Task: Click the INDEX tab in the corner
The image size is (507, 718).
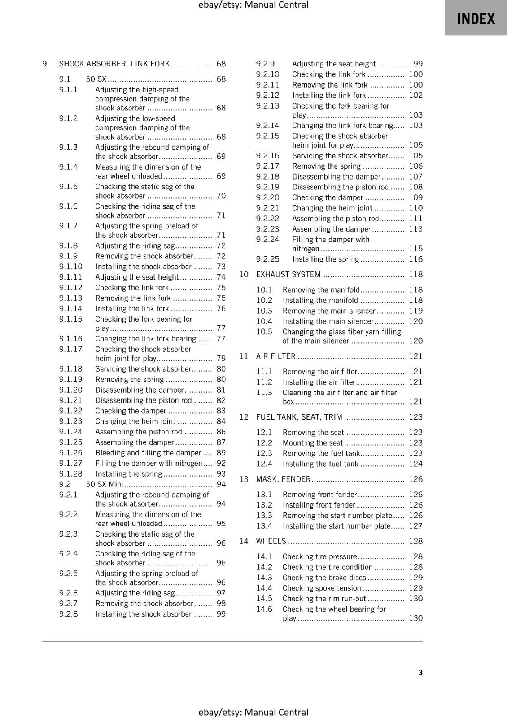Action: coord(476,18)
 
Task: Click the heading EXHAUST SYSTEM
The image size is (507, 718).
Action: coord(288,275)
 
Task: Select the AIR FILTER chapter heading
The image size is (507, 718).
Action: coord(275,356)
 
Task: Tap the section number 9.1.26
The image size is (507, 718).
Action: coord(71,453)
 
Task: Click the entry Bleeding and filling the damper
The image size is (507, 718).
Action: coord(148,453)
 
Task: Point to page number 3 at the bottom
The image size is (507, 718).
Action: coord(420,672)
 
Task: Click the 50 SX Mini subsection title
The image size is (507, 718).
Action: coord(104,484)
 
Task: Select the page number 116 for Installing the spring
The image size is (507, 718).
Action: coord(415,259)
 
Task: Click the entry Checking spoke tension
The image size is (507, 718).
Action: coord(321,588)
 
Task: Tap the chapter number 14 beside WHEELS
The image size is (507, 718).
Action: coord(244,541)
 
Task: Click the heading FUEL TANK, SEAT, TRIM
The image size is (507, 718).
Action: coord(299,417)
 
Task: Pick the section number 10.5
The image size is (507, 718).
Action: coord(264,332)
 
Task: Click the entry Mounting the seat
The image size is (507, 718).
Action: coord(312,443)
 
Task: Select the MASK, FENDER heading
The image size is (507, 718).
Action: coord(283,479)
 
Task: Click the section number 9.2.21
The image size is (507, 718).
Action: coord(267,208)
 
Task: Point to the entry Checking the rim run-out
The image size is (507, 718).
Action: coord(324,599)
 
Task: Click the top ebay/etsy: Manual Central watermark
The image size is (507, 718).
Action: coord(253,5)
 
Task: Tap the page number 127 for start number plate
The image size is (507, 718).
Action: coord(415,526)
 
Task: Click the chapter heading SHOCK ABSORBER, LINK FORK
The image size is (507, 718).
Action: coord(114,64)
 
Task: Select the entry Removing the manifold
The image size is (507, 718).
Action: coord(321,290)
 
